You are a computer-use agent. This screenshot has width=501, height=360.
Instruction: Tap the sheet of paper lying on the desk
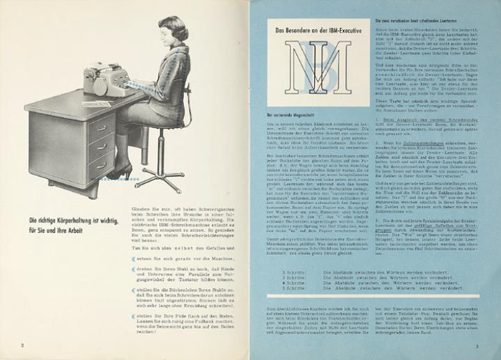click(91, 104)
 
